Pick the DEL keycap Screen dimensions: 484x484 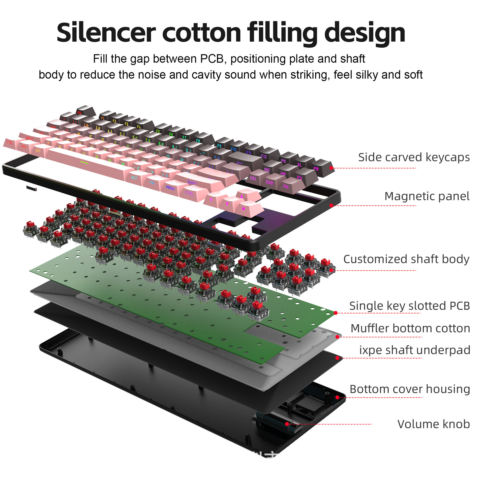(x=255, y=176)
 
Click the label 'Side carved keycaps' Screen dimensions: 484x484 (x=414, y=157)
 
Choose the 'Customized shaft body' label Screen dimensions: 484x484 (x=406, y=259)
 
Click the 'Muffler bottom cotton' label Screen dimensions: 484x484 (x=410, y=328)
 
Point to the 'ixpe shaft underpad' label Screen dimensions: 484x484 (x=414, y=350)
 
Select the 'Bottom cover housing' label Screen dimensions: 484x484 (x=410, y=389)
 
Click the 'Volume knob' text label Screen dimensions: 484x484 (x=433, y=424)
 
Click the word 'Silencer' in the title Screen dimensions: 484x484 (x=106, y=33)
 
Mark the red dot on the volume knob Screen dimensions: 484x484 (x=287, y=424)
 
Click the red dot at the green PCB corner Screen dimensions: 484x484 (x=336, y=313)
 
